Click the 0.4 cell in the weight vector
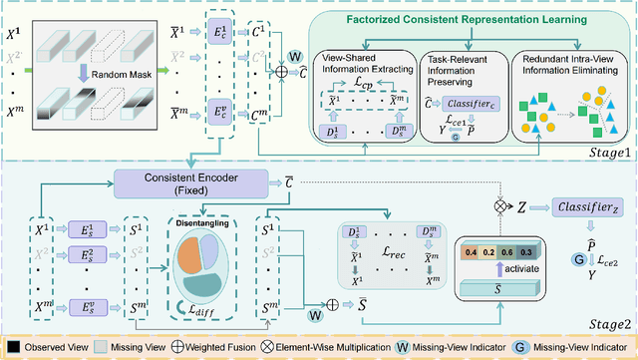click(x=471, y=252)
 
